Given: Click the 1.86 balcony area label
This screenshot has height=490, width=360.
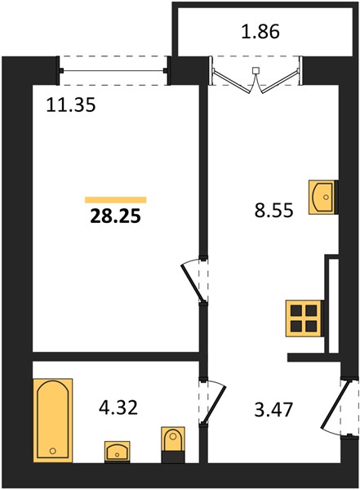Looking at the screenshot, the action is click(260, 32).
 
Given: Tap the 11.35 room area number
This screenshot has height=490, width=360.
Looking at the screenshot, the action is click(71, 105).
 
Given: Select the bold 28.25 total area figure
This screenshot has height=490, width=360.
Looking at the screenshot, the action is click(116, 216).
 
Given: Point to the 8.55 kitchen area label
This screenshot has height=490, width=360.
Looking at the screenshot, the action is click(274, 210).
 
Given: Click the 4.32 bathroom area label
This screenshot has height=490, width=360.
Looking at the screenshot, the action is click(118, 408).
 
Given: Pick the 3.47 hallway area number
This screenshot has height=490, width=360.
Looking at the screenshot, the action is click(273, 410).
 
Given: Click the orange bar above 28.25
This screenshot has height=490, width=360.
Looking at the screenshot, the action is click(116, 200).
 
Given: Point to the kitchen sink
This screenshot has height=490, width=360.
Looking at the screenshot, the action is click(322, 197).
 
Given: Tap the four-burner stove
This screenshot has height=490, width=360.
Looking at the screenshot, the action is click(304, 318).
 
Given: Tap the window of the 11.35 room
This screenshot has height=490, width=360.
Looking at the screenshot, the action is click(113, 71).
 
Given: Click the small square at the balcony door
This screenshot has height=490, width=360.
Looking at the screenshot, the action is click(256, 70).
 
